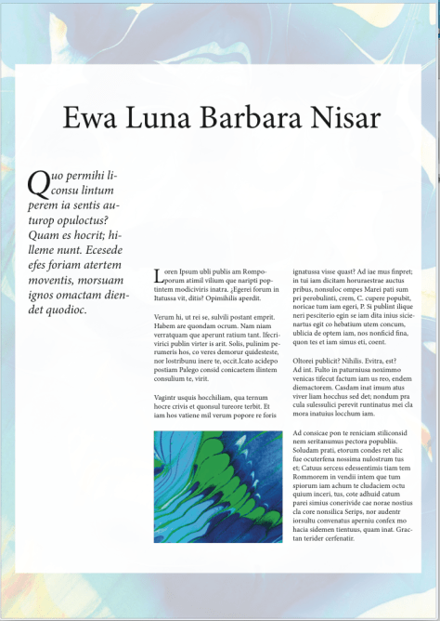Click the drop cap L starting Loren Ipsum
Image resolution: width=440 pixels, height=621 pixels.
(x=158, y=275)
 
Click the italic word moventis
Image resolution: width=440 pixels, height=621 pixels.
(x=53, y=280)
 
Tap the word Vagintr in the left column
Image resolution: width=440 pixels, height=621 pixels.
(x=167, y=398)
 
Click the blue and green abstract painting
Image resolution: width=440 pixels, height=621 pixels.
(x=217, y=486)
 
